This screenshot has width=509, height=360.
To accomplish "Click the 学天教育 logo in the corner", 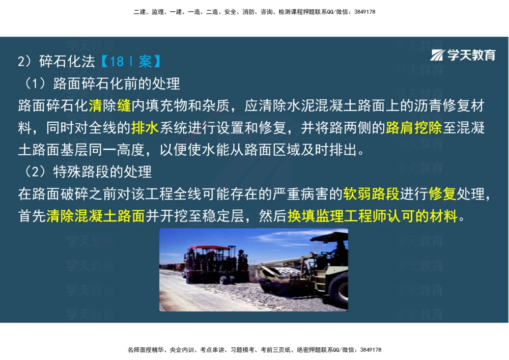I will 463,56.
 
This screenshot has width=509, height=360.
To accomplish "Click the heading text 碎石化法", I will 67,62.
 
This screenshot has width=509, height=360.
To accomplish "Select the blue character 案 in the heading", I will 145,62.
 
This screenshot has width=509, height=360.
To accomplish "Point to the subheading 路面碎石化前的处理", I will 117,83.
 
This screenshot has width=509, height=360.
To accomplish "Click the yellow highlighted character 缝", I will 124,106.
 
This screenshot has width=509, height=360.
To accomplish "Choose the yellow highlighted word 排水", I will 145,128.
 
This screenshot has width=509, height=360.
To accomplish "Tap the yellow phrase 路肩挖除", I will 414,128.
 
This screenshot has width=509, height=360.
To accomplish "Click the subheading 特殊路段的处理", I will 102,172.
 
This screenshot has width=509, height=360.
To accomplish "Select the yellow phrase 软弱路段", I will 371,194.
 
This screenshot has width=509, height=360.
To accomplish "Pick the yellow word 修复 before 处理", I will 442,194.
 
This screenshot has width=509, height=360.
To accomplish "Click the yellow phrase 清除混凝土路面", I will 96,216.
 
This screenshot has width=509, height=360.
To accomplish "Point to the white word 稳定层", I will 230,216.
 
